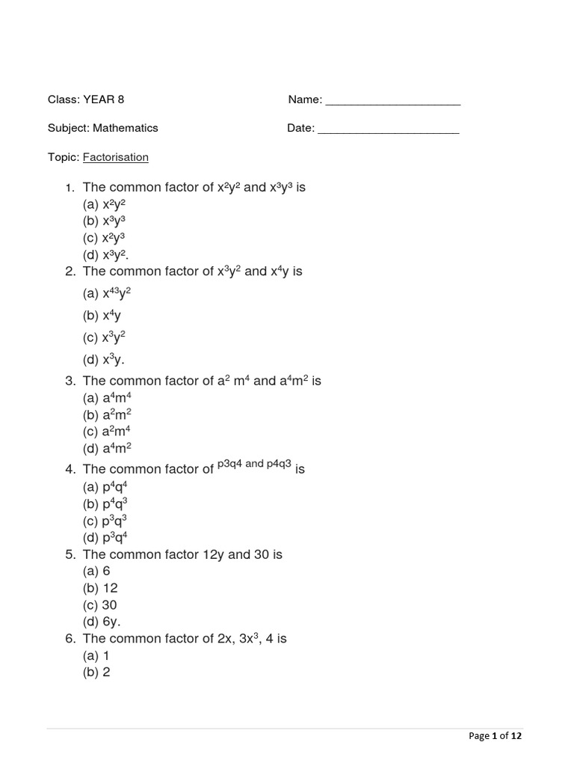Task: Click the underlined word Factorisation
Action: [x=115, y=157]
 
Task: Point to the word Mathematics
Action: [x=126, y=128]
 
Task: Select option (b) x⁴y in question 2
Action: [x=102, y=315]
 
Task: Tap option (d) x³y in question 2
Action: [x=103, y=360]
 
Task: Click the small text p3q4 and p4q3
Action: [x=254, y=464]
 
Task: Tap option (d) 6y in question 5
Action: [x=102, y=622]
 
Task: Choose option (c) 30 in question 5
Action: [x=100, y=605]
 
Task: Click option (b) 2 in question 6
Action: [x=97, y=672]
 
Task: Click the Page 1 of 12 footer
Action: [x=495, y=736]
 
